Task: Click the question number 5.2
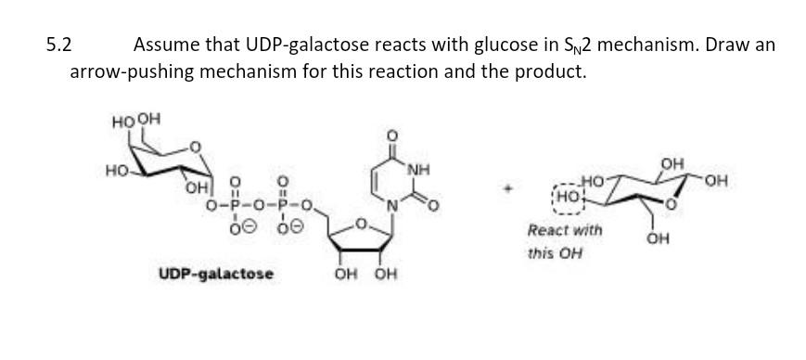click(60, 45)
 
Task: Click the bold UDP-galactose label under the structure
click(216, 274)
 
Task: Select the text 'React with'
click(564, 229)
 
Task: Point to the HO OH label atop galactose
click(136, 120)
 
